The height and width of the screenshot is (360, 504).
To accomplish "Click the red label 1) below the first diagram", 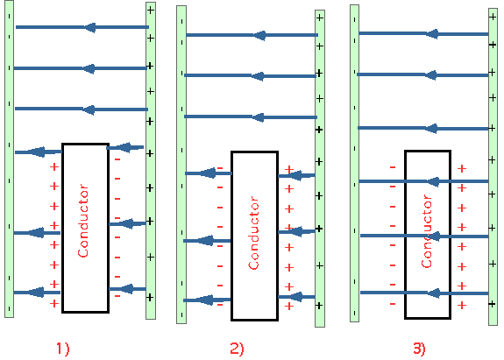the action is coord(63,349).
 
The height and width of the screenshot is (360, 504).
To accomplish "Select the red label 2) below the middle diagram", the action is coord(237,349).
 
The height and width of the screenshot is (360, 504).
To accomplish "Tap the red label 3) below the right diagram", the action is coord(419,349).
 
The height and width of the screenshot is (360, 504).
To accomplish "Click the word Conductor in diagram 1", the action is coord(83,221).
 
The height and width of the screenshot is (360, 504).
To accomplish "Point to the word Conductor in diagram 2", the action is coord(253,232).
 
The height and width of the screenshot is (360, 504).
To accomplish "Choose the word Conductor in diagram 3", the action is coord(427,231).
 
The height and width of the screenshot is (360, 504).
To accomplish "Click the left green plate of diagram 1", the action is coord(9,159).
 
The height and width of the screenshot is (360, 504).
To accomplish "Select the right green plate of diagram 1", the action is coord(151,160).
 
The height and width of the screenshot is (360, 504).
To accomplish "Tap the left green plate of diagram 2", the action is coord(181,165).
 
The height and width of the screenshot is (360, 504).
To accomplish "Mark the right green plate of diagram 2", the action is coord(320,168).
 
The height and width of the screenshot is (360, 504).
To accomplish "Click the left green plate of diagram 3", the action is coord(354,163).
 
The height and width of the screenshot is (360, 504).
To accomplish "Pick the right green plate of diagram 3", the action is coord(493,166).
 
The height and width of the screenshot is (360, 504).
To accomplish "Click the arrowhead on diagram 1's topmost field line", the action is coord(90,27).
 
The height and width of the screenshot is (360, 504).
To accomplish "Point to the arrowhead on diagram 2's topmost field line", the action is coord(259,35).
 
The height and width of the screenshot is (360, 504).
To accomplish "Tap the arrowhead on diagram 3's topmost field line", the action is coord(432,33).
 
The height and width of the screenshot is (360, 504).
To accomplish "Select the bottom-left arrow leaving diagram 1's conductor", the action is coord(37,293).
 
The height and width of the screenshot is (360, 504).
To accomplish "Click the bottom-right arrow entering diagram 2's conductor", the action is coord(296,297).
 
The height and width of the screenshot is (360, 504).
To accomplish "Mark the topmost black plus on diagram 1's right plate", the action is coord(151,11).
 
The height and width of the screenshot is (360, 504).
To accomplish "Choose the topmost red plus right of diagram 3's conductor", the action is coord(462,168).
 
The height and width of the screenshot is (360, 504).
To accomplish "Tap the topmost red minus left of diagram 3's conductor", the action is coord(393,167).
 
